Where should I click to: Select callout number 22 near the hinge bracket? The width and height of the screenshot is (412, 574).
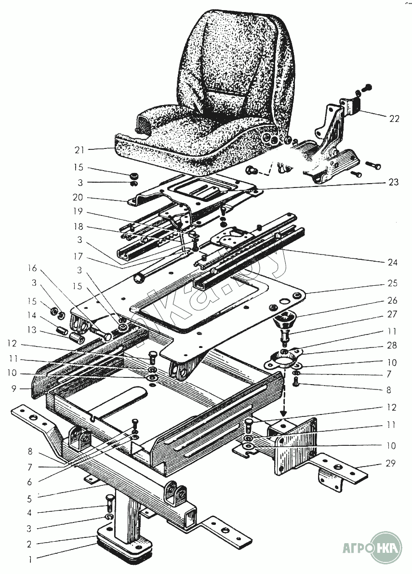tap(394, 119)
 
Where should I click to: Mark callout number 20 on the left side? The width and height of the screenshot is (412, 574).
tap(78, 197)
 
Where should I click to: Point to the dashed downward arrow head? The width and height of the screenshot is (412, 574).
tap(283, 414)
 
